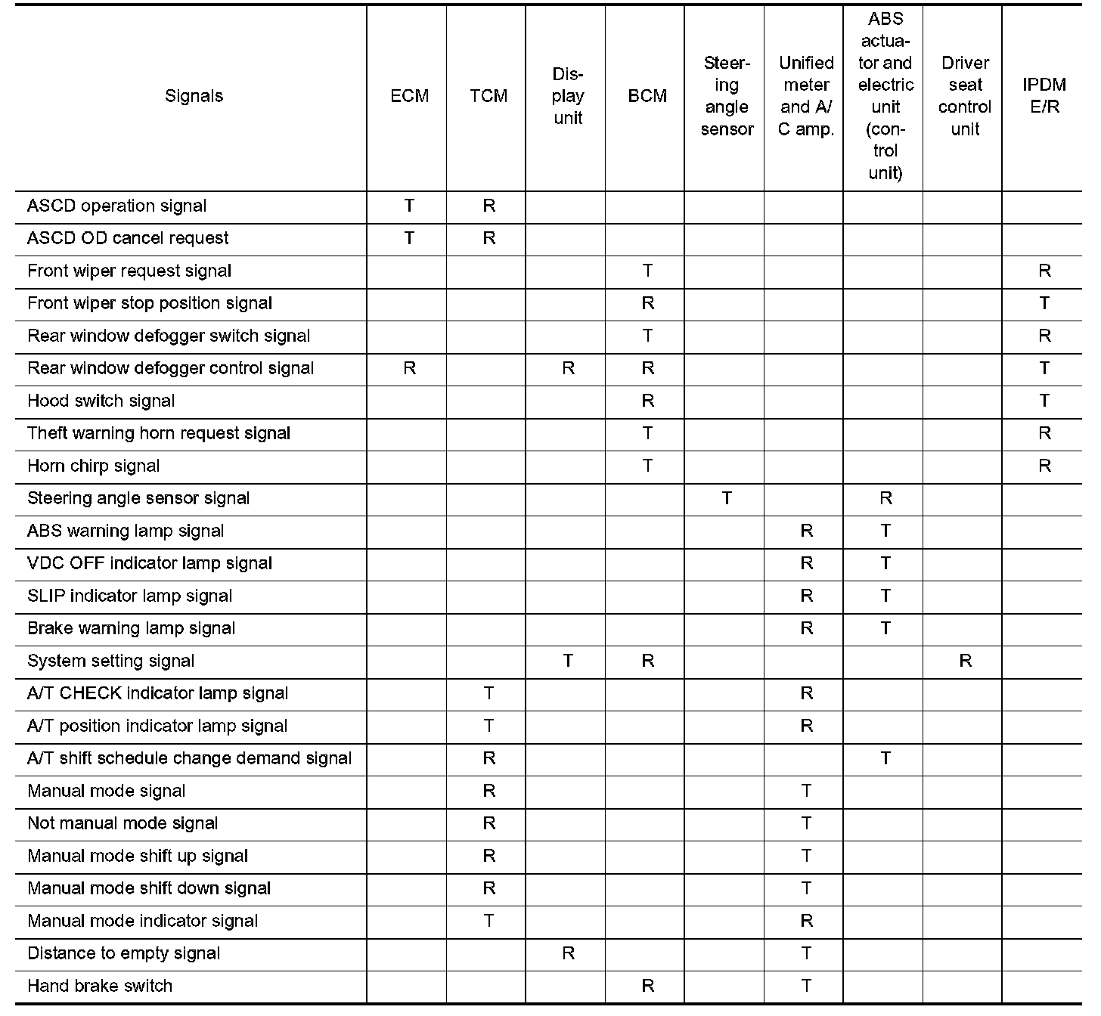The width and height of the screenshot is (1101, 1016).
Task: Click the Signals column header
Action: [194, 96]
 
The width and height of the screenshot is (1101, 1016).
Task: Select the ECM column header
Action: [409, 96]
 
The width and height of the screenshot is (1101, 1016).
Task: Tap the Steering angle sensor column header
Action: [727, 96]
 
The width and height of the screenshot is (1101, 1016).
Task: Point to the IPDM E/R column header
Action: [1044, 96]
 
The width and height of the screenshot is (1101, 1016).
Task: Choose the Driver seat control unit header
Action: [965, 96]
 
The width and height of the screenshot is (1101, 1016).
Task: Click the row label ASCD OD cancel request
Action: [128, 238]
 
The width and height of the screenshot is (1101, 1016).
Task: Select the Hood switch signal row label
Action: [101, 401]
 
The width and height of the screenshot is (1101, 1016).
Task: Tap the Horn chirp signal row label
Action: [93, 466]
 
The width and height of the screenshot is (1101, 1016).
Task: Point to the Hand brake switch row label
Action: [99, 986]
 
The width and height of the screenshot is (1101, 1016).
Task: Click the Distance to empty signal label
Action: [123, 953]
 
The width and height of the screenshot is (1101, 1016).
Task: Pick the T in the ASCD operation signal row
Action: [409, 206]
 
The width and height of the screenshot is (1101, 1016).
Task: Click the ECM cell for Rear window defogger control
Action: [409, 368]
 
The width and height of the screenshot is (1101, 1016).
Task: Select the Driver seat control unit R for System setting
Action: [965, 661]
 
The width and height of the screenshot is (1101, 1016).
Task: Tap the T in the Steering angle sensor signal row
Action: [727, 498]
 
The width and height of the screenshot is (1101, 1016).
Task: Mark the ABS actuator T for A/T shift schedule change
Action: [885, 758]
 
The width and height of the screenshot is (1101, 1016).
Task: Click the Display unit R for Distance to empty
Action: [568, 953]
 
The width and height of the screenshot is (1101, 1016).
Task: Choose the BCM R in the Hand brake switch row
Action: [647, 986]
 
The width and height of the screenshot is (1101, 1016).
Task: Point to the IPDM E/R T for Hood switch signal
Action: [1044, 401]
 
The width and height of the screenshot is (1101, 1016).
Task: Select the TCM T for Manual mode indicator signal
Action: [488, 921]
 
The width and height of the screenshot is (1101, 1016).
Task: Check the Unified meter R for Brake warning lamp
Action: [806, 628]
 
